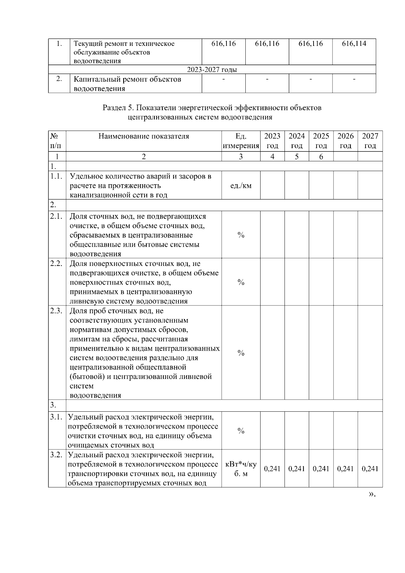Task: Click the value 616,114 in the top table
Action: tap(354, 44)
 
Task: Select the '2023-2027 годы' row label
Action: tap(212, 70)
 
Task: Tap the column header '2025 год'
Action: tap(321, 141)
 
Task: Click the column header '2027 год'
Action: tap(370, 141)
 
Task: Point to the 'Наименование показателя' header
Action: tap(144, 136)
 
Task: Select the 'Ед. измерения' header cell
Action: tap(241, 141)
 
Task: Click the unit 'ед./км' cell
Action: tap(241, 186)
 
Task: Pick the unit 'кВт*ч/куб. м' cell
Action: tap(241, 469)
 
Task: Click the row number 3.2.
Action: tap(56, 455)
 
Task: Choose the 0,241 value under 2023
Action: tap(272, 469)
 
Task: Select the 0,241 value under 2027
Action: tap(370, 469)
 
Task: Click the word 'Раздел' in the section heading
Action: tap(114, 108)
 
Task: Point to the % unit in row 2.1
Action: tap(241, 235)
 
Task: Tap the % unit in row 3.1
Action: tap(241, 431)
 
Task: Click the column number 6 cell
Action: tap(321, 157)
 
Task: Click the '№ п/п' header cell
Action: tap(57, 141)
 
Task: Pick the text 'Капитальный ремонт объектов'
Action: tap(127, 80)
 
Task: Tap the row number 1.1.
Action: tap(56, 176)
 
